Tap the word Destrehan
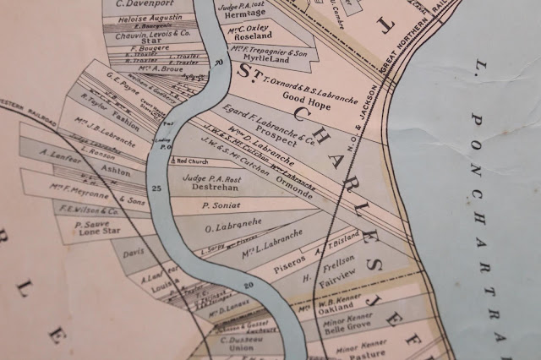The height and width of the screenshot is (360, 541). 205,190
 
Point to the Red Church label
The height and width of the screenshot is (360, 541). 190,161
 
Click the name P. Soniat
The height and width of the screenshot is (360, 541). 216,205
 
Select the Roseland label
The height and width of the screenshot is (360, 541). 251,36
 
